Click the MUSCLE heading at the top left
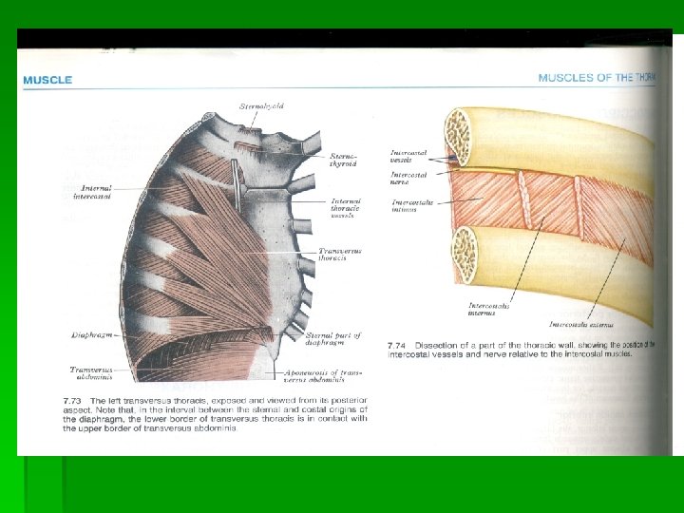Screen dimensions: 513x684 (47, 80)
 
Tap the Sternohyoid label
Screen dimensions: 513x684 (261, 107)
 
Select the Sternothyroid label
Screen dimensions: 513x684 (343, 160)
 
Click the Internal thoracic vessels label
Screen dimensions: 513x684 (345, 208)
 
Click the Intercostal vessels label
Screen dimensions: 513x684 (408, 156)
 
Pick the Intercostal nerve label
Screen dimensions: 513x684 (408, 179)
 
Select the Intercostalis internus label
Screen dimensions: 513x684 (488, 309)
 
